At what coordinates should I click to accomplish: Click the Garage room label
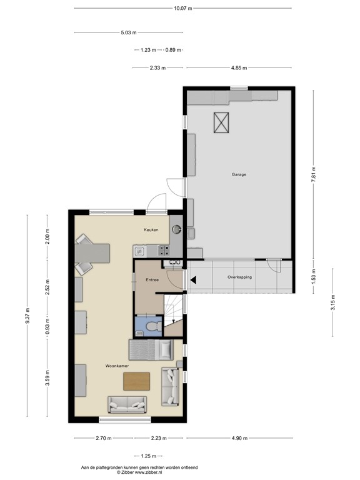point(238,174)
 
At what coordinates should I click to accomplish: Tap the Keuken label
point(151,230)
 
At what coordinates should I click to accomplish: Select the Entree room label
point(152,280)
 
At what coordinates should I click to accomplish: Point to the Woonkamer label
point(117,365)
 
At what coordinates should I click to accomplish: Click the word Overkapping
point(240,276)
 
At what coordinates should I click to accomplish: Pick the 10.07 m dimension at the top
point(183,8)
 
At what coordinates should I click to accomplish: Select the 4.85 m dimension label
point(239,68)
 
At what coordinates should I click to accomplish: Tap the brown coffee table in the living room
point(137,381)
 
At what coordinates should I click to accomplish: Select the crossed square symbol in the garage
point(221,122)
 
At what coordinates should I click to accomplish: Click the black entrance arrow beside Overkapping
point(193,280)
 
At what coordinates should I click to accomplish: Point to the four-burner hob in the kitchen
point(164,251)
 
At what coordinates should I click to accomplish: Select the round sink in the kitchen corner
point(176,229)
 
